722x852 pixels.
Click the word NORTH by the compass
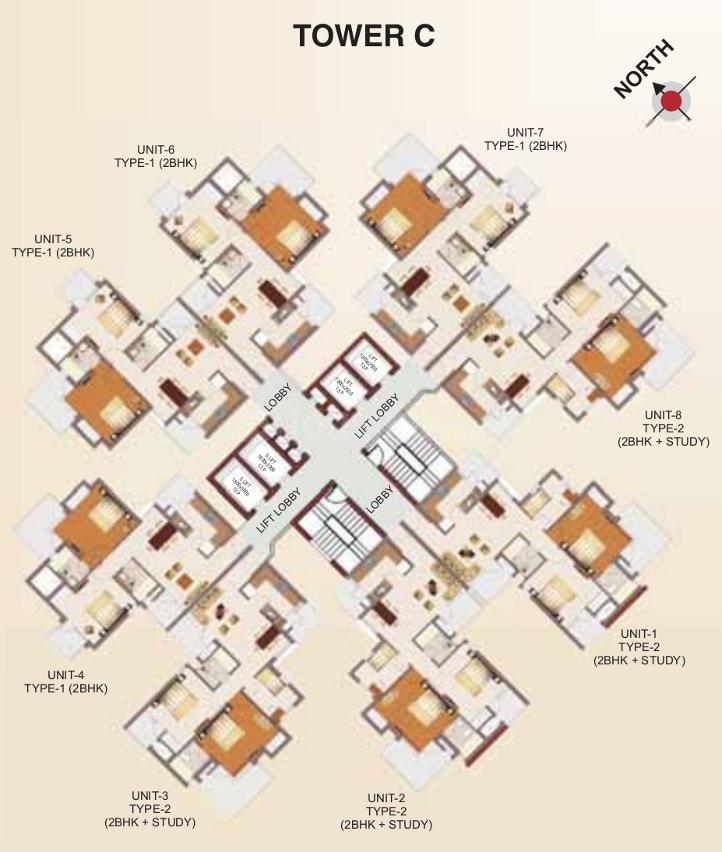pos(644,70)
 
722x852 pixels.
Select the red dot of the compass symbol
pos(672,100)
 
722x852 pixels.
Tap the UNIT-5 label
pos(53,239)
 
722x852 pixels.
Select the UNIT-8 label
pos(663,414)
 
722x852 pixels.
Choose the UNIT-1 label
pos(639,633)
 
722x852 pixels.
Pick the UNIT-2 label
pos(385,797)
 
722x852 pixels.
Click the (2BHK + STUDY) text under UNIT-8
pos(663,441)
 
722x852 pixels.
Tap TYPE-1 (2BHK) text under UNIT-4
pos(66,688)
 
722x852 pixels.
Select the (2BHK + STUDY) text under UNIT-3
pos(149,822)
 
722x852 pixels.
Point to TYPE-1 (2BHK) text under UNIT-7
pos(525,146)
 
